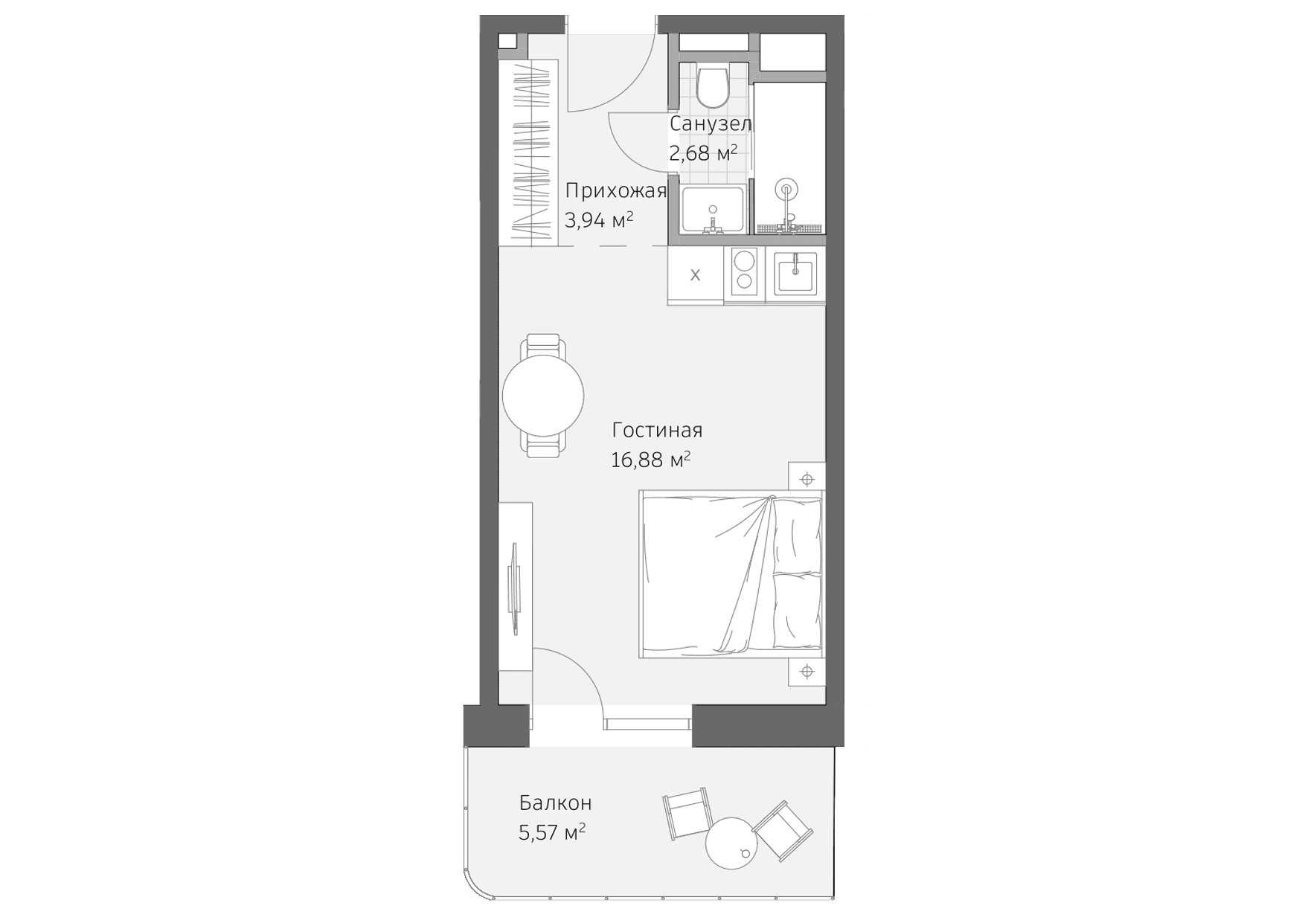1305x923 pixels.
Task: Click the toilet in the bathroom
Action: [x=713, y=86]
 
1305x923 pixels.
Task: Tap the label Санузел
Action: [x=710, y=123]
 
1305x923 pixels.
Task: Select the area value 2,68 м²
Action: [x=702, y=154]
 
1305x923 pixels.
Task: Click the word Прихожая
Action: [x=615, y=191]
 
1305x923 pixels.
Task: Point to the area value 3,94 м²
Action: [x=599, y=220]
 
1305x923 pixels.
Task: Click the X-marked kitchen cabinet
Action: [x=695, y=275]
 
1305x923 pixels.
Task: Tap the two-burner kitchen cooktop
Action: [x=744, y=271]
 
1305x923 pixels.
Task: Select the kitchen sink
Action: [x=795, y=273]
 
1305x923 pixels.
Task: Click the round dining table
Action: [x=543, y=396]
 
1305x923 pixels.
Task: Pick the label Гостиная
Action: [x=657, y=431]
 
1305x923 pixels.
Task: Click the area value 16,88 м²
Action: [x=650, y=460]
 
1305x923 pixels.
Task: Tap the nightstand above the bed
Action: [x=807, y=479]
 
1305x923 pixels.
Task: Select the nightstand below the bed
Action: [x=807, y=672]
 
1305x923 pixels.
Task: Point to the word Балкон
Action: [x=555, y=803]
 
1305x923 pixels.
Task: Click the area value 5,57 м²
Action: [x=551, y=832]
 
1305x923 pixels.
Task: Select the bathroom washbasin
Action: [x=713, y=210]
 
